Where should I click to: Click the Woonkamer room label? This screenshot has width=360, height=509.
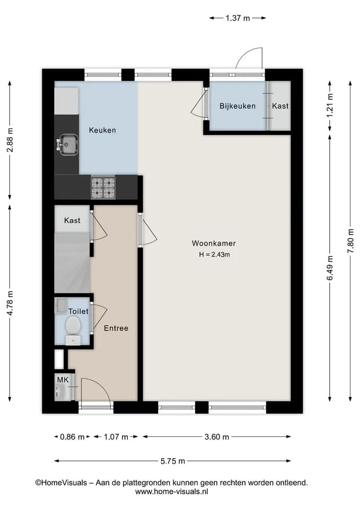[x=214, y=243]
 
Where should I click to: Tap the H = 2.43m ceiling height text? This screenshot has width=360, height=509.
[x=215, y=254]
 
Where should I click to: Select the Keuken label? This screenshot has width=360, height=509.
[x=102, y=130]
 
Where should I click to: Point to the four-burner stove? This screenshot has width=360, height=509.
[x=103, y=187]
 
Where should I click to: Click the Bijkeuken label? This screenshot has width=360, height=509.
[x=238, y=106]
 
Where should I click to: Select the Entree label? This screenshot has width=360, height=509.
[x=116, y=328]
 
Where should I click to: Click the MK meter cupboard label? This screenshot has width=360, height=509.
[x=63, y=380]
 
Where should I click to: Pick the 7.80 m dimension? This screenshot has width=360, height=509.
[x=350, y=241]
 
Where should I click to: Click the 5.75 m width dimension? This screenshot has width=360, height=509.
[x=173, y=461]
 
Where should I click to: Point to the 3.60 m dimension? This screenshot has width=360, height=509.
[x=217, y=437]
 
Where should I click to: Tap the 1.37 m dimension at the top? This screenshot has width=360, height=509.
[x=238, y=18]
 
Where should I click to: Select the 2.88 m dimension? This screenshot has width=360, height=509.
[x=10, y=140]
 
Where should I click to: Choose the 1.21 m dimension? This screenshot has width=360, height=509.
[x=330, y=106]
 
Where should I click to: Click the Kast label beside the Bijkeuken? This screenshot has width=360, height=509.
[x=280, y=106]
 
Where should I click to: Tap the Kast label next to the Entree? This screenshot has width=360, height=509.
[x=72, y=221]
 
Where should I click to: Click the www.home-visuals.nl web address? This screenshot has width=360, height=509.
[x=171, y=492]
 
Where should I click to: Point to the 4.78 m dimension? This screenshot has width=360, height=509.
[x=10, y=303]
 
